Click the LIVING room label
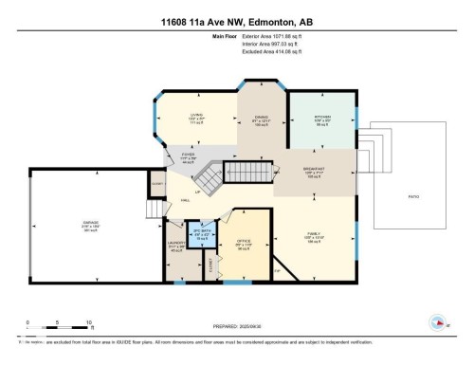[x=196, y=117]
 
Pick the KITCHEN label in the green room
[x=322, y=118]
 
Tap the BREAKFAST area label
[x=314, y=171]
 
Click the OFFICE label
[x=243, y=243]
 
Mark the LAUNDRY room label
[x=174, y=244]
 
